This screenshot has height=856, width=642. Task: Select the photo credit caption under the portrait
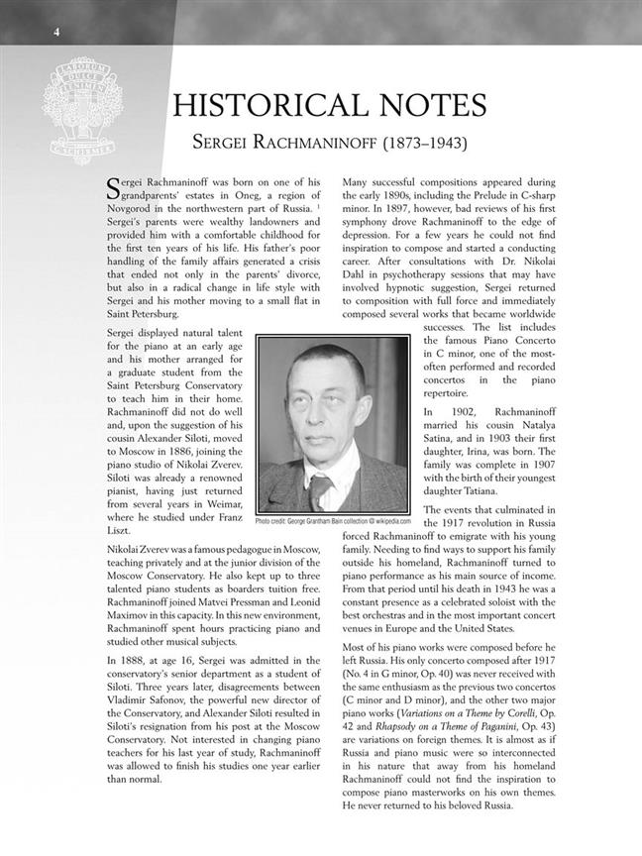pyautogui.click(x=332, y=520)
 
